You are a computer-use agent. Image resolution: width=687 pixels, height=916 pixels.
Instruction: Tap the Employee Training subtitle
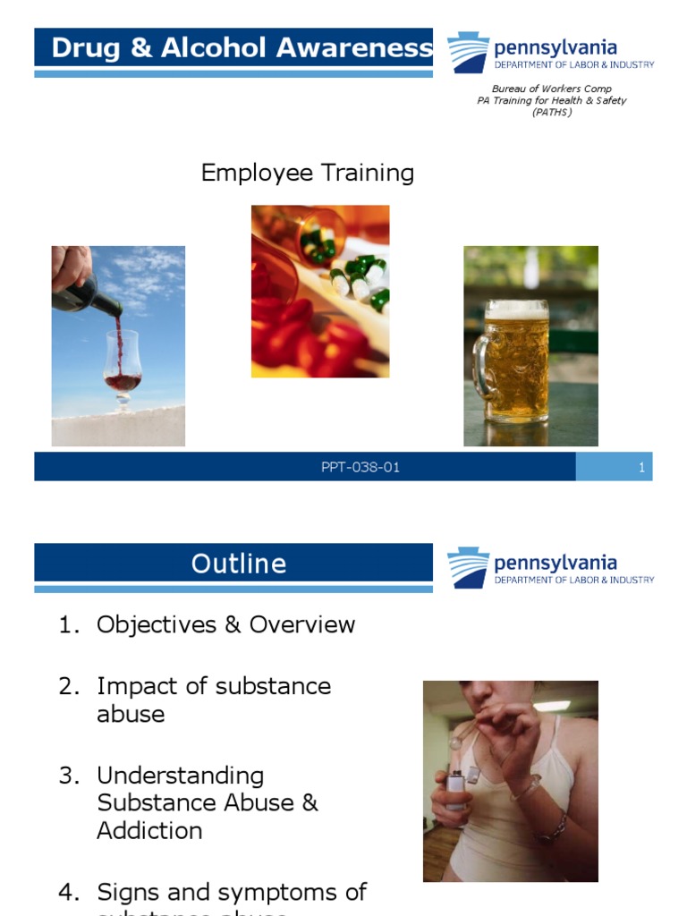pos(307,173)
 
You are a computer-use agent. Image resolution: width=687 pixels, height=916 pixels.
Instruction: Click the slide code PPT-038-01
pos(360,467)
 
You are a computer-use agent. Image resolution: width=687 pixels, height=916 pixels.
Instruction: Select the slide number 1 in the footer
pos(641,467)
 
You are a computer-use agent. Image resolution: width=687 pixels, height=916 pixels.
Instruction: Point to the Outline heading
pos(239,564)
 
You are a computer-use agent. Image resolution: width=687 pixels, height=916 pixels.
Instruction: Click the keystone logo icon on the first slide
pos(468,53)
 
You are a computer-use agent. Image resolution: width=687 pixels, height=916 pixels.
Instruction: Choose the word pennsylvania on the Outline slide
pos(555,564)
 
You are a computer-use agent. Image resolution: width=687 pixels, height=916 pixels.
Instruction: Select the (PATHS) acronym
pos(551,112)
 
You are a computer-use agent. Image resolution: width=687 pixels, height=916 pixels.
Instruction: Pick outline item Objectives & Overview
pos(225,624)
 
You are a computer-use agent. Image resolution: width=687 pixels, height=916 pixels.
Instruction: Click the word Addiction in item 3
pos(149,830)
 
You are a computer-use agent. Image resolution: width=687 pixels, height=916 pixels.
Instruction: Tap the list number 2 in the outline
pos(69,686)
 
